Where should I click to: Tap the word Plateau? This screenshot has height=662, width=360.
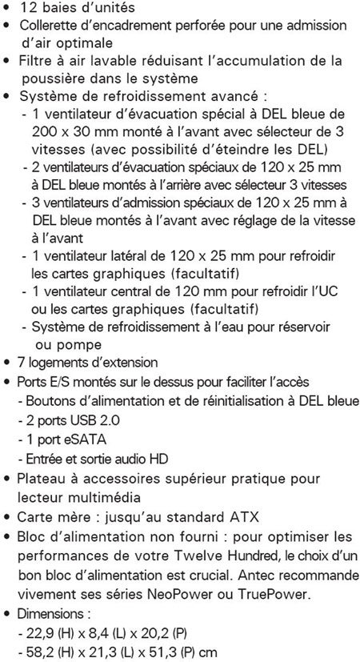pyautogui.click(x=45, y=479)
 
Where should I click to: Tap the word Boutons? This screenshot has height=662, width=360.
pyautogui.click(x=50, y=399)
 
